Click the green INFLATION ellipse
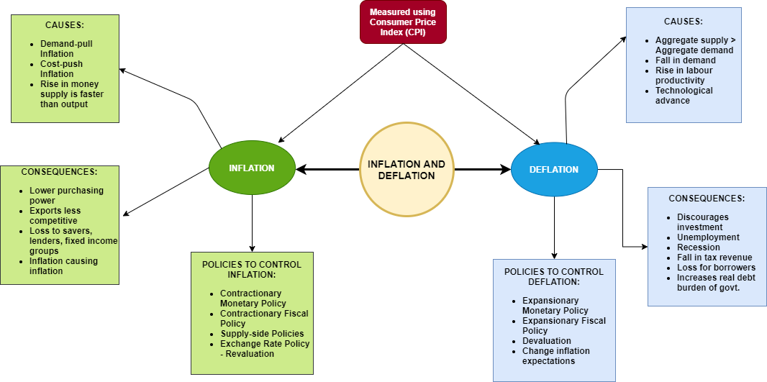point(252,168)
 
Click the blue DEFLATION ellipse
point(554,170)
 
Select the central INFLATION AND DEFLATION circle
point(407,170)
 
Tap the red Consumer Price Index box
point(403,22)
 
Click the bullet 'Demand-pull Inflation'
point(66,48)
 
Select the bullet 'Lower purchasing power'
point(66,196)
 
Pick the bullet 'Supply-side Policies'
point(262,334)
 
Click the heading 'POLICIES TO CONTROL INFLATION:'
point(252,269)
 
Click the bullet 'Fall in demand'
point(686,60)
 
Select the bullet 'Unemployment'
point(708,237)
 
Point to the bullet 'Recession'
point(698,247)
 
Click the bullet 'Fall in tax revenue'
point(714,258)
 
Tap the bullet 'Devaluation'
point(547,341)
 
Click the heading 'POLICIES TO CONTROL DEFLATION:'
point(554,276)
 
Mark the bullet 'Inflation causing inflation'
point(63,266)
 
